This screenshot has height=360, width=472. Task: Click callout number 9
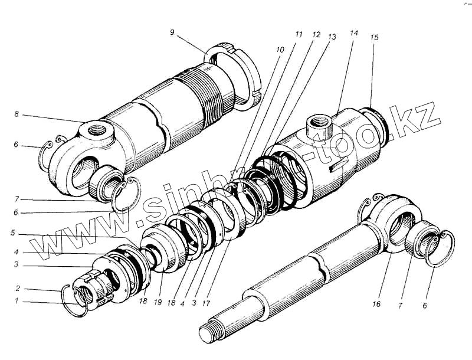[x=172, y=32]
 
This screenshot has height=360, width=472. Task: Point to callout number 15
[x=374, y=37]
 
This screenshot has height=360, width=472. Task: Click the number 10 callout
[x=279, y=50]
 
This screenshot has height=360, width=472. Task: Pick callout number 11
[x=299, y=35]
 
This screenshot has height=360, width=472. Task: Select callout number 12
[x=316, y=35]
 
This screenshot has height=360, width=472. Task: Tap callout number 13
[x=332, y=37]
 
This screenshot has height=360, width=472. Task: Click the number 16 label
[x=376, y=304]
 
